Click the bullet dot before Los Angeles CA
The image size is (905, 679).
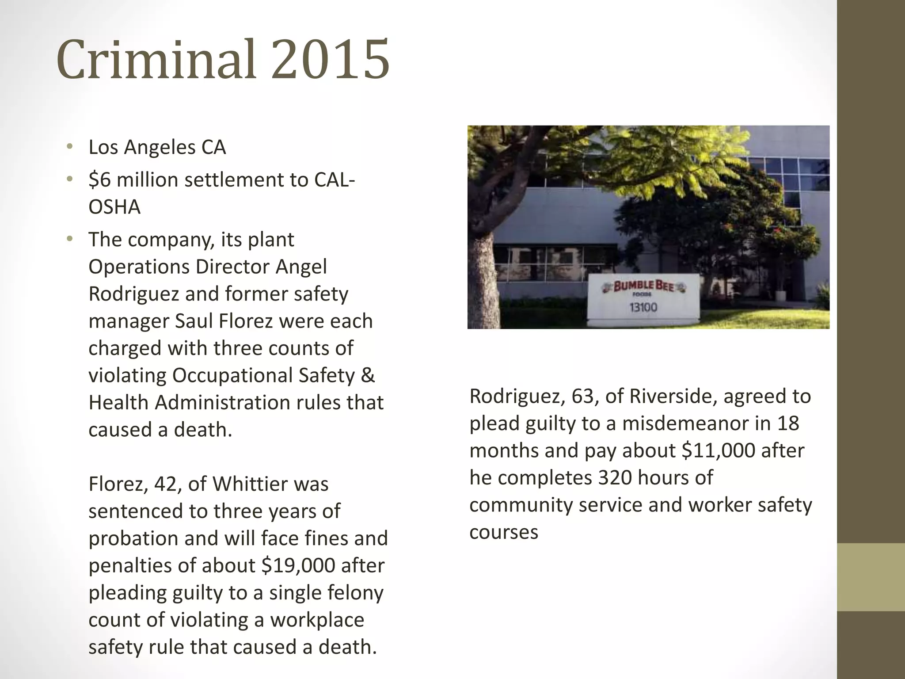(69, 147)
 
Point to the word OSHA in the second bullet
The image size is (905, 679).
(114, 207)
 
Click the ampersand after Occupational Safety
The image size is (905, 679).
(368, 375)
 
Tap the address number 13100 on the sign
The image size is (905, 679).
(643, 307)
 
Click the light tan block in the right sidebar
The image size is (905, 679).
(871, 577)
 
